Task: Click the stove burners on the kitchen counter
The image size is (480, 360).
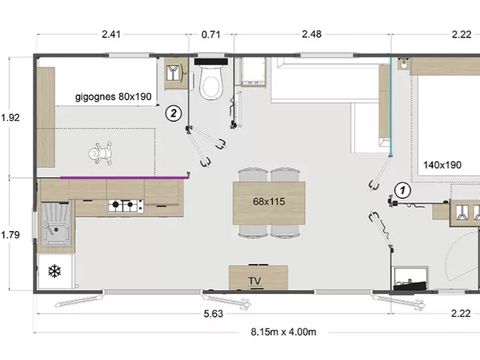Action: click(x=126, y=207)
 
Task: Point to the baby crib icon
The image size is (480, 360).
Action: click(x=99, y=156)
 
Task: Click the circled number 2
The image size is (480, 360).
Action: click(x=174, y=113)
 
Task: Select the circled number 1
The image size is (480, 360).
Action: click(x=402, y=188)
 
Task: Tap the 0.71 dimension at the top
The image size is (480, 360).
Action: click(x=211, y=35)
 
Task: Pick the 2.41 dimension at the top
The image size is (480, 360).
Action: click(x=113, y=35)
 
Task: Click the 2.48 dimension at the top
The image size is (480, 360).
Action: click(x=311, y=35)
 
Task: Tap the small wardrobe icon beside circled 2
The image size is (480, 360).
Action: click(x=176, y=74)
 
